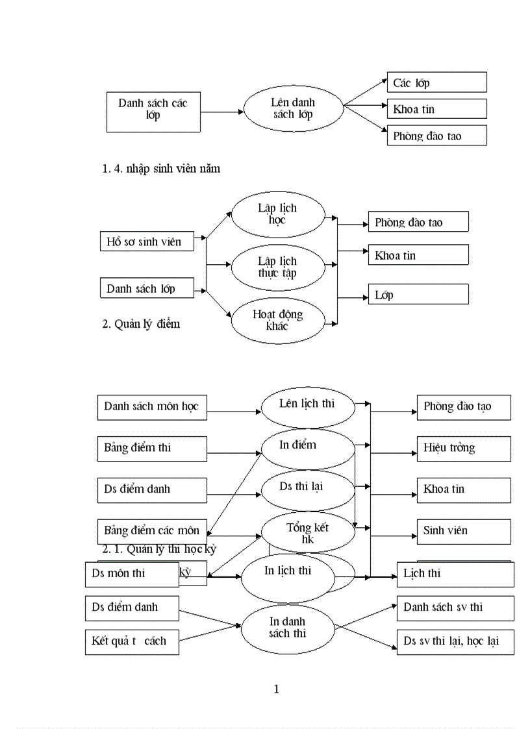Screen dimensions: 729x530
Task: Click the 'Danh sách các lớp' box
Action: pos(153,112)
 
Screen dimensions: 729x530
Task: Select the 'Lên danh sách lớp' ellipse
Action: pos(293,108)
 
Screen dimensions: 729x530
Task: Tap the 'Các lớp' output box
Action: pos(436,82)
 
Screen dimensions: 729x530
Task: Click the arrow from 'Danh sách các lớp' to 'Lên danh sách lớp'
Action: pos(221,112)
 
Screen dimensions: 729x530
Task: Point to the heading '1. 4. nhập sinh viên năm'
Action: pos(161,169)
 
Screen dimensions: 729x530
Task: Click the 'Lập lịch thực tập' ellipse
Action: pos(277,267)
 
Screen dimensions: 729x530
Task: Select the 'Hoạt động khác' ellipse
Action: pos(277,319)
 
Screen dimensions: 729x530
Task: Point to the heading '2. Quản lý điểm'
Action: pos(141,324)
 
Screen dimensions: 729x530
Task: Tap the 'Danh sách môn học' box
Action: pos(152,407)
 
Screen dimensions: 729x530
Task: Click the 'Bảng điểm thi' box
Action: pos(152,448)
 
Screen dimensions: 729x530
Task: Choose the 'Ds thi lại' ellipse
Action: pos(307,489)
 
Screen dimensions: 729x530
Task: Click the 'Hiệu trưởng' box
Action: pos(463,448)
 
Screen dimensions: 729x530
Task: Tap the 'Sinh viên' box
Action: pos(463,531)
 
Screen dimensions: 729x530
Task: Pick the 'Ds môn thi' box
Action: pos(131,574)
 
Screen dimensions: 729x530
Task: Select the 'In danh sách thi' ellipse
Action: pos(287,627)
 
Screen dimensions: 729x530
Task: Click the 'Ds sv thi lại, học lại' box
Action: pos(455,641)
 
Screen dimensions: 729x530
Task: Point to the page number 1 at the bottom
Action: pos(277,689)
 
